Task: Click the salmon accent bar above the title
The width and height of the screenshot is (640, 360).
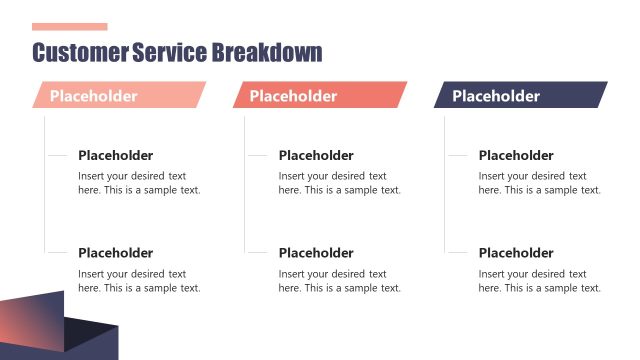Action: tap(69, 27)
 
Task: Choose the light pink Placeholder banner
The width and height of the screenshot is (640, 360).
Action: tap(118, 96)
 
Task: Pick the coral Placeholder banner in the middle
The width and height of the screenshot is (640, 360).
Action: tap(319, 96)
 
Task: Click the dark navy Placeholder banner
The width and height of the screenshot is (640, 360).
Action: tap(520, 96)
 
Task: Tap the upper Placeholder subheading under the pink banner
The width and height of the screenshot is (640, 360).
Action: tap(115, 155)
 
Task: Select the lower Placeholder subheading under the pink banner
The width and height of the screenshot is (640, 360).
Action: tap(115, 253)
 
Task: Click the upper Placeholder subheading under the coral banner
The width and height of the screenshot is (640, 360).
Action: tap(316, 155)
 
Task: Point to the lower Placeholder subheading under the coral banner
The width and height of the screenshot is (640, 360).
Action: tap(316, 253)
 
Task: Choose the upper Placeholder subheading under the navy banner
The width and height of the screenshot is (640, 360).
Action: tap(516, 155)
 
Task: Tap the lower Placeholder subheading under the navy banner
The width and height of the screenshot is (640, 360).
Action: tap(516, 253)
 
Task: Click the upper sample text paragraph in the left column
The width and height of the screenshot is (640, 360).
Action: tap(139, 183)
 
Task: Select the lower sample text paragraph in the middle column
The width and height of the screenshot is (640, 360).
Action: tap(339, 281)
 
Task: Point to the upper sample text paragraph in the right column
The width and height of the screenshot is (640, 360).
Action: tap(540, 183)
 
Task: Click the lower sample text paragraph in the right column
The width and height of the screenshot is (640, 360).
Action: tap(540, 281)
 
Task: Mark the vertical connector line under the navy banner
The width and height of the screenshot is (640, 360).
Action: tap(445, 200)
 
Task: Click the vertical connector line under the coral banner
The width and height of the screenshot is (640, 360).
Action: tap(244, 200)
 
